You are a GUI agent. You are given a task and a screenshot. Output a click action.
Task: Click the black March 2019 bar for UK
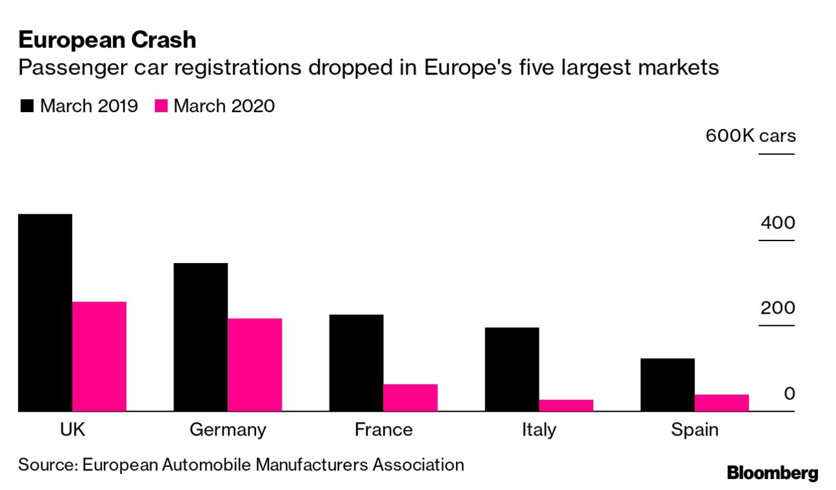pyautogui.click(x=45, y=312)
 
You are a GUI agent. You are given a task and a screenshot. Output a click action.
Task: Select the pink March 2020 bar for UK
pyautogui.click(x=99, y=356)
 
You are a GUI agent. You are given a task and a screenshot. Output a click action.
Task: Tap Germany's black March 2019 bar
pyautogui.click(x=200, y=336)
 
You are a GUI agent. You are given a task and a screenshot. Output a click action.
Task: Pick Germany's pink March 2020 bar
pyautogui.click(x=255, y=364)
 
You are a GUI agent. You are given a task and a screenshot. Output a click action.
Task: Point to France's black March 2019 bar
pyautogui.click(x=356, y=362)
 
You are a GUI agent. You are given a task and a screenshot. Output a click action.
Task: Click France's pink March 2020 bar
pyautogui.click(x=411, y=397)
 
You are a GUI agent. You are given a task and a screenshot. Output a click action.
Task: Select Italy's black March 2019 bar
pyautogui.click(x=512, y=369)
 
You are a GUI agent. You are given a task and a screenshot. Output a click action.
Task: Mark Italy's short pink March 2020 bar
pyautogui.click(x=566, y=405)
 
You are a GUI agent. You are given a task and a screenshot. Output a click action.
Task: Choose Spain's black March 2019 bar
pyautogui.click(x=667, y=384)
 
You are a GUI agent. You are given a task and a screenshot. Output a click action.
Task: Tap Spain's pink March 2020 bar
pyautogui.click(x=722, y=402)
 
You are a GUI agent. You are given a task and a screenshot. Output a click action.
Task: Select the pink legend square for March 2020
pyautogui.click(x=161, y=106)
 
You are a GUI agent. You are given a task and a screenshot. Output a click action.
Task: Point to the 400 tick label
pyautogui.click(x=778, y=223)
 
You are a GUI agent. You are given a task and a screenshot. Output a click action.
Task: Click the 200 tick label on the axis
pyautogui.click(x=778, y=308)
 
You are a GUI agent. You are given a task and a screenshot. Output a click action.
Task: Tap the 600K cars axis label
pyautogui.click(x=750, y=137)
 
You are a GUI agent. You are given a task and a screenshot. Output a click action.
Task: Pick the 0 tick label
pyautogui.click(x=789, y=393)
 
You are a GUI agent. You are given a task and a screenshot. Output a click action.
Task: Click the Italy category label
pyautogui.click(x=538, y=430)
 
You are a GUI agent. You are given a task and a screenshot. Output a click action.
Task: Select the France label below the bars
pyautogui.click(x=383, y=430)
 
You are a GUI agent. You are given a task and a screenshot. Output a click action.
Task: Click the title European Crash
pyautogui.click(x=107, y=40)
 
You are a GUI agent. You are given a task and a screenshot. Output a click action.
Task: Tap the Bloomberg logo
pyautogui.click(x=772, y=473)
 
